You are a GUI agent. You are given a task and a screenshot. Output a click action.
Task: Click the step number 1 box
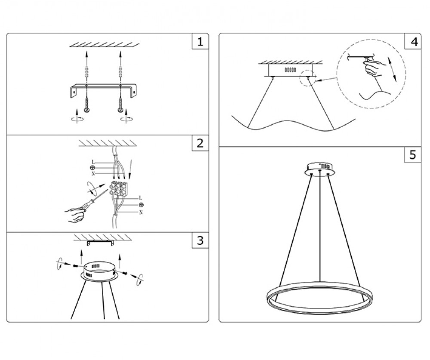pos(200,41)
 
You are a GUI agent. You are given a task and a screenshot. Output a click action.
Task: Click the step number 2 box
pos(200,143)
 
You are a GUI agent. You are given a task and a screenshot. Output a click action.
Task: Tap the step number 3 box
pos(200,240)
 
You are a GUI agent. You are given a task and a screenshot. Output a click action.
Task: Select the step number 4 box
pos(413,41)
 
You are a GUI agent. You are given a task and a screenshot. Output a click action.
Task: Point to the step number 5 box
pos(413,155)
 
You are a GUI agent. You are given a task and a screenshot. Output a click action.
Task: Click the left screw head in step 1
pos(87,110)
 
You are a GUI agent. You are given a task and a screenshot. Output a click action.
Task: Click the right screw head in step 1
pos(120,110)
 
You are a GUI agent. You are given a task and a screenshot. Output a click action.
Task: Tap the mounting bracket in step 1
pos(103,91)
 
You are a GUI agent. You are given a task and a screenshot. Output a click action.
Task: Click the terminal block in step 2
pos(119,188)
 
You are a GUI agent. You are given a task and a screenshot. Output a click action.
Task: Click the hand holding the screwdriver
pos(75,215)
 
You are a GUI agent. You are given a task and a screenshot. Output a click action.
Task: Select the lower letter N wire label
pos(141,212)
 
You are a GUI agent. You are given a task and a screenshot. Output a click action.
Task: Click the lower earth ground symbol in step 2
pos(141,205)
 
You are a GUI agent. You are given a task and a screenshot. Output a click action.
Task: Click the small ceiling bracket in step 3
pos(100,243)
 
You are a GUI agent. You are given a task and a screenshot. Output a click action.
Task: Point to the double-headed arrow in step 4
pos(392,69)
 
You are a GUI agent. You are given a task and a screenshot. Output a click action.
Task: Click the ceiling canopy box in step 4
pos(290,70)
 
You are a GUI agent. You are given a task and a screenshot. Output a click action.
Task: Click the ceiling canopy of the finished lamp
pos(319,168)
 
